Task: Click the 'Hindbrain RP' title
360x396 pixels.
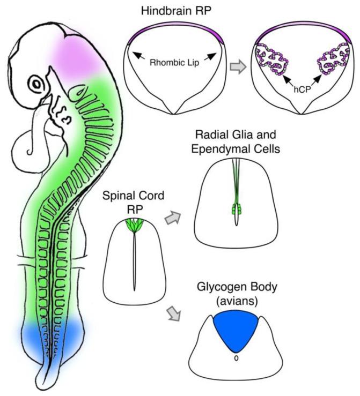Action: click(175, 11)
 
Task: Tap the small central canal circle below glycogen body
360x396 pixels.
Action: click(235, 359)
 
